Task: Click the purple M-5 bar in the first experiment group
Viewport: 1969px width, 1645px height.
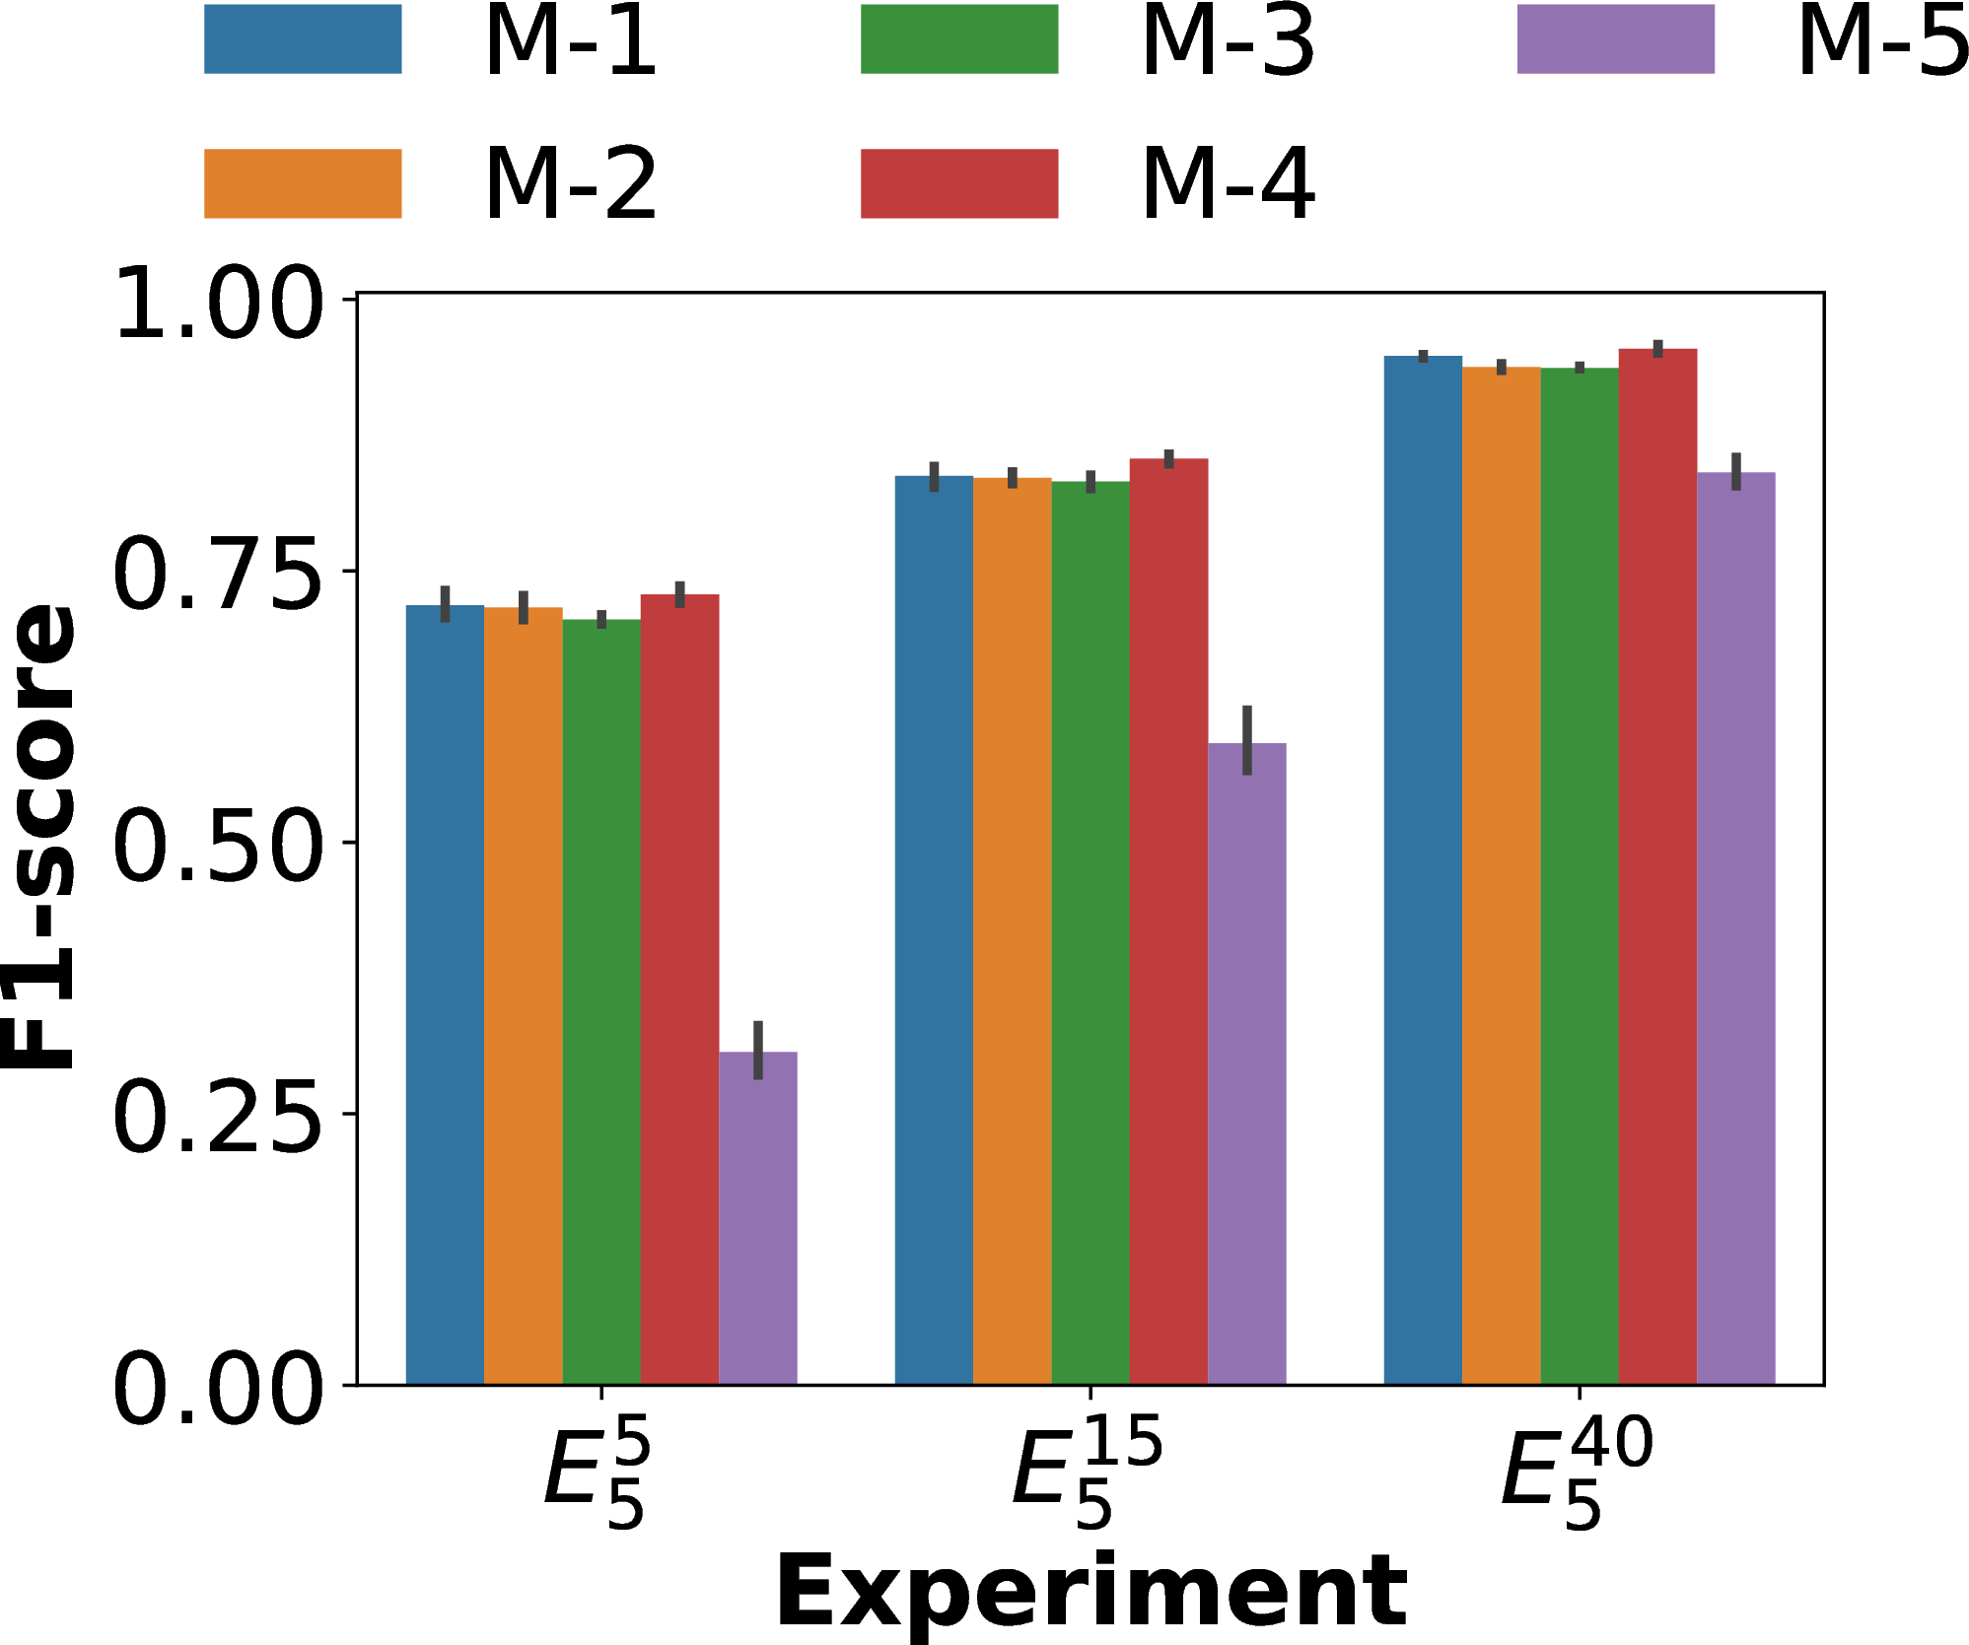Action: (x=757, y=1218)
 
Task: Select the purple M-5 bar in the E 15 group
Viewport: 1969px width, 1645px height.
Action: (x=1246, y=1063)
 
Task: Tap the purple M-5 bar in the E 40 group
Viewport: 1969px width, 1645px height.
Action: (x=1735, y=928)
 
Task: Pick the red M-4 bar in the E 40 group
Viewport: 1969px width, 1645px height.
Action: (x=1657, y=866)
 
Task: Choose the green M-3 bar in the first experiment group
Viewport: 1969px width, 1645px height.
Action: (x=601, y=1001)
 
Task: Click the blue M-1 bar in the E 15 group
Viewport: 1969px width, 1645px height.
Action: (x=934, y=930)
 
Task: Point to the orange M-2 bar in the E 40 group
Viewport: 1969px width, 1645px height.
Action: (x=1501, y=875)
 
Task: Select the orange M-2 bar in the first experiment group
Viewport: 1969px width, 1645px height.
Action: (x=524, y=995)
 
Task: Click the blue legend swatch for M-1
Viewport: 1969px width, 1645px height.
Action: (x=303, y=39)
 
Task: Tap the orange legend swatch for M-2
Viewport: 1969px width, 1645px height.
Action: (x=303, y=183)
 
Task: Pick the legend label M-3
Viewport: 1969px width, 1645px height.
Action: (x=1228, y=41)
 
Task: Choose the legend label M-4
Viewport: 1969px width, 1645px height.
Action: (x=1228, y=184)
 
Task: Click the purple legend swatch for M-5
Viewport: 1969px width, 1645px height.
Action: (x=1616, y=39)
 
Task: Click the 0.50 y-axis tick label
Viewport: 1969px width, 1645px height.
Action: (x=218, y=844)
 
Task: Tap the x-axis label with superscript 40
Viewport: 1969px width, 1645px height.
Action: (x=1578, y=1472)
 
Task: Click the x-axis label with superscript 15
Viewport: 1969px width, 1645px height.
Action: (x=1089, y=1472)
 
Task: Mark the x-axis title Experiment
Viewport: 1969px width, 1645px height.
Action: (x=1090, y=1590)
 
